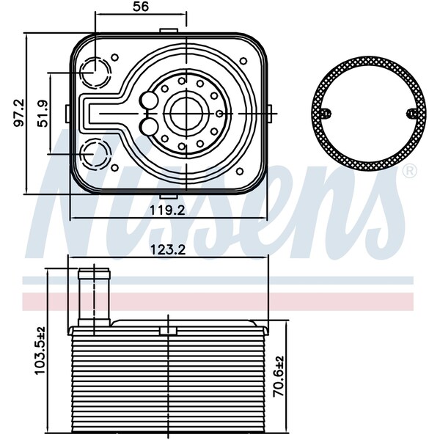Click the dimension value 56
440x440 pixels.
pyautogui.click(x=141, y=6)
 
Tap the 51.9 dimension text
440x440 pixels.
pyautogui.click(x=44, y=113)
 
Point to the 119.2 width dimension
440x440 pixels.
pyautogui.click(x=167, y=210)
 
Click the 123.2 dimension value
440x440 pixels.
pyautogui.click(x=168, y=249)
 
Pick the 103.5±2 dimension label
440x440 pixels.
pyautogui.click(x=40, y=351)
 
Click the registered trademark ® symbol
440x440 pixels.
pyautogui.click(x=410, y=171)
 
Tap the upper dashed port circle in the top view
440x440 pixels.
pyautogui.click(x=95, y=72)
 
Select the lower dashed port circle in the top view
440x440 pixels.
pyautogui.click(x=95, y=154)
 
